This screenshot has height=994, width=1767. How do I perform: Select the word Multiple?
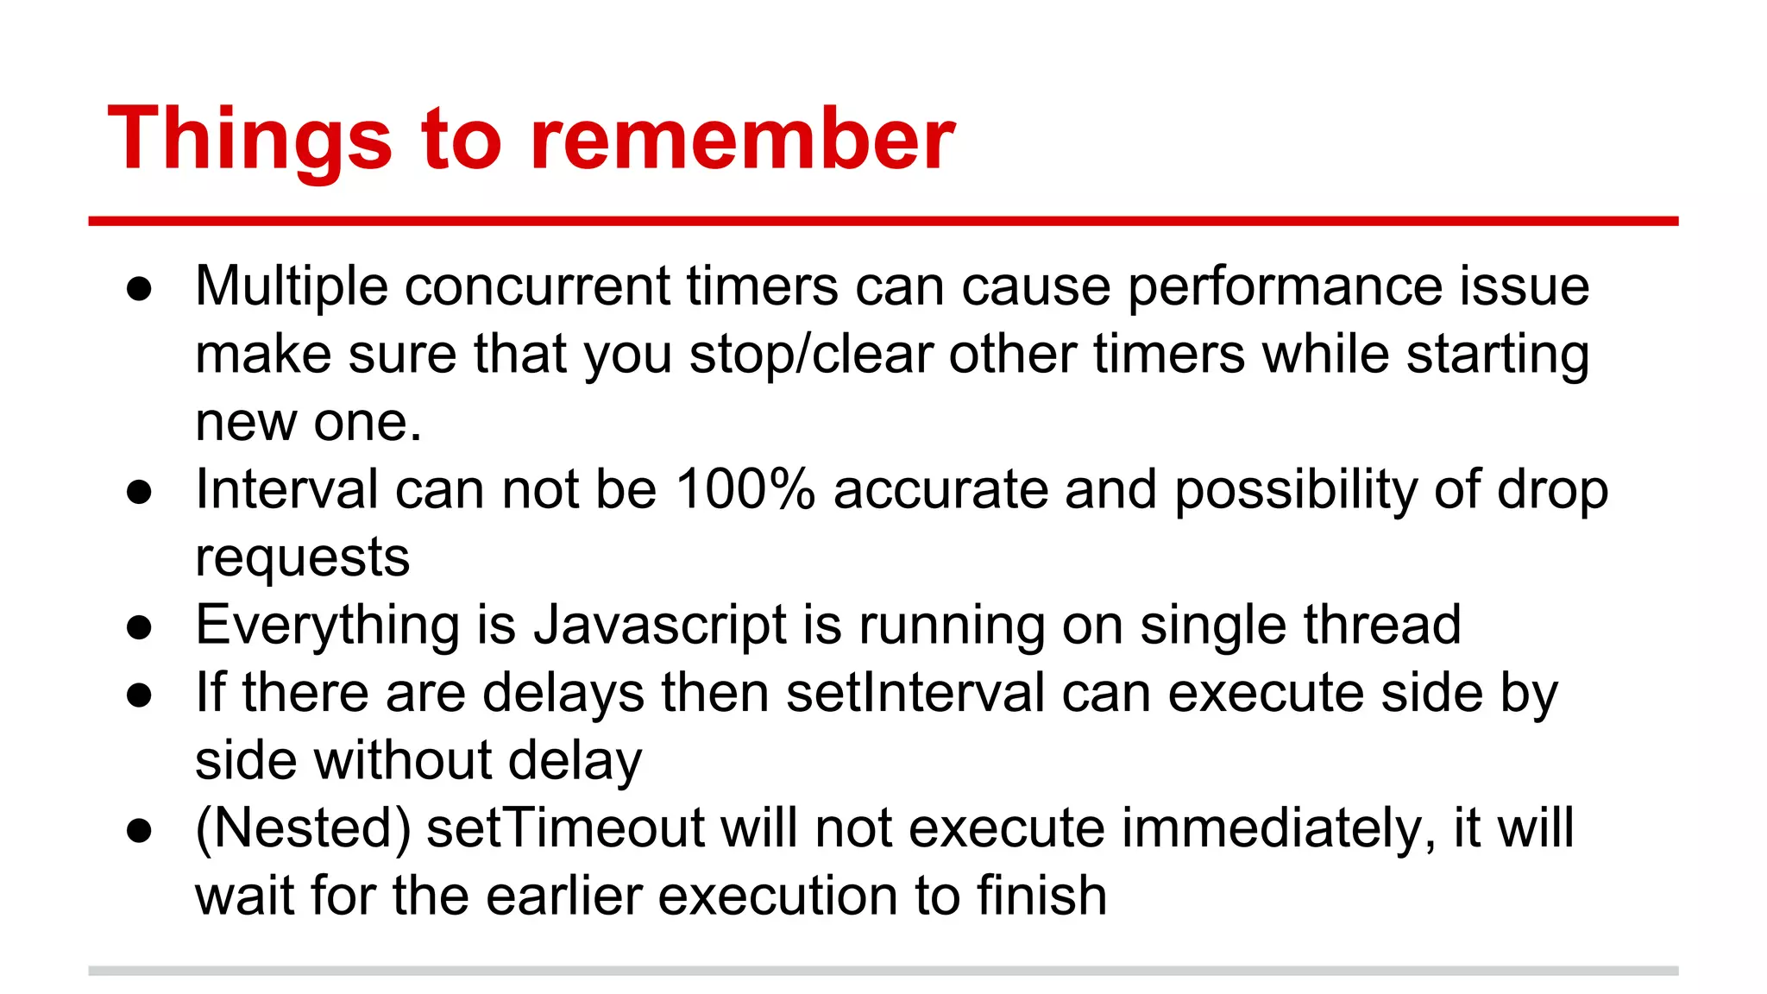[291, 286]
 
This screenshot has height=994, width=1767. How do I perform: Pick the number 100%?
[745, 489]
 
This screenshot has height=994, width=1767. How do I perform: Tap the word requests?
[302, 558]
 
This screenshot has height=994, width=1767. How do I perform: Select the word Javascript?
[660, 626]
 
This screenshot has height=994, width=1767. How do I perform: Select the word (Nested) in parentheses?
[303, 828]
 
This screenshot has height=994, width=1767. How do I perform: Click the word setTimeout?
[565, 828]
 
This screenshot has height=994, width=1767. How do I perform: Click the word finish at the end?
[1041, 896]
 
